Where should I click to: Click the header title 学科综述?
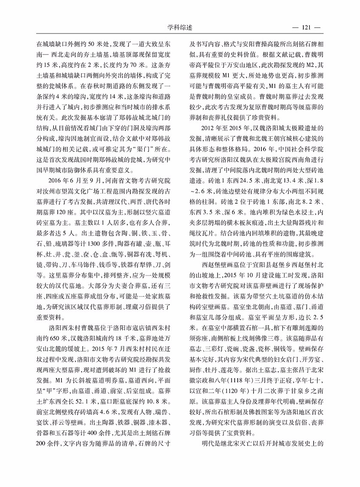pyautogui.click(x=180, y=28)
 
